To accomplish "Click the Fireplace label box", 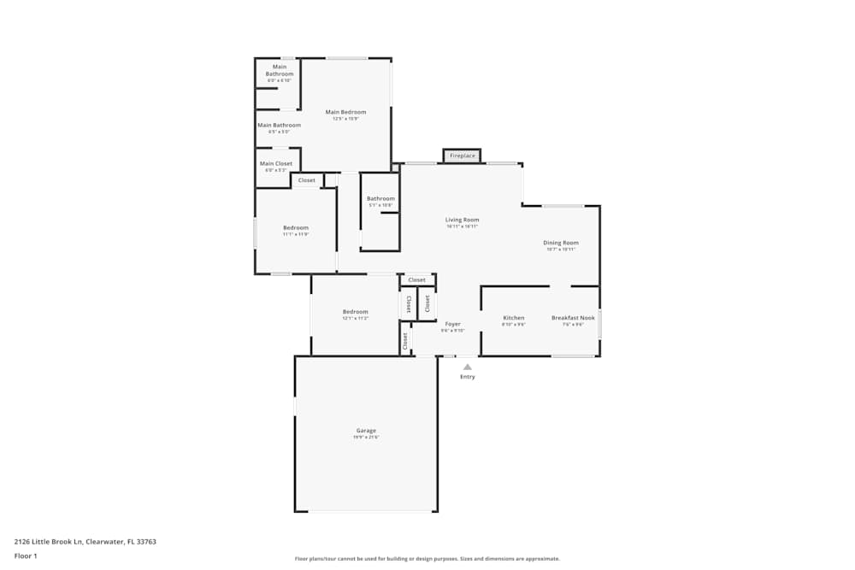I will (463, 156).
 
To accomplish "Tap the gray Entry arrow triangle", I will (467, 367).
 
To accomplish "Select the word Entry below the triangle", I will (467, 377).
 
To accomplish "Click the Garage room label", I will (366, 430).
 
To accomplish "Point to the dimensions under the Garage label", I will (366, 437).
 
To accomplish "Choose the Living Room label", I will (462, 220).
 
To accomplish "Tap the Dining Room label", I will (561, 243).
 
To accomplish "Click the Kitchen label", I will (513, 318).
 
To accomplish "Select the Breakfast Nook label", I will (573, 318).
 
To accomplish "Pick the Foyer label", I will (452, 324).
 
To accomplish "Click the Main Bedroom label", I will (345, 112).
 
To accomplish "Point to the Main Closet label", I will (276, 163).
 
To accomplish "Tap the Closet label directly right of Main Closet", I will (306, 180).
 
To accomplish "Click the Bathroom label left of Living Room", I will (380, 198).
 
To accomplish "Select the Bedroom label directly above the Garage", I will (355, 311).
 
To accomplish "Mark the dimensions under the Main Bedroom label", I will (345, 119).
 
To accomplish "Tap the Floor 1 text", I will (26, 555).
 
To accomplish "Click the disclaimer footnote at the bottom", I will (427, 558).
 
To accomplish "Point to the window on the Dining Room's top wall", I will (563, 206).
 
